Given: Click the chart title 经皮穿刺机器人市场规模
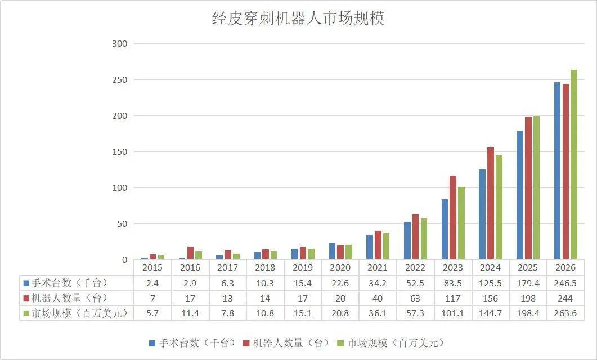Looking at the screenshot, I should click(x=298, y=19).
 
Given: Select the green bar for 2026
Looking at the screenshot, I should click(x=574, y=164).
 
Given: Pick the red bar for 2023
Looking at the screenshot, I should click(x=453, y=217).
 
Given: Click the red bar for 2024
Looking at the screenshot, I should click(x=491, y=203).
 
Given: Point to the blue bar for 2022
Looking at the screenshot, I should click(x=407, y=240).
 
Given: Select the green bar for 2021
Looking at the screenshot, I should click(x=386, y=246).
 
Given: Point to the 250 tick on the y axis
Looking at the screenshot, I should click(x=120, y=80).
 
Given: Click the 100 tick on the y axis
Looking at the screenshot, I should click(x=120, y=188).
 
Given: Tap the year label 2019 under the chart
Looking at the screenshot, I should click(x=303, y=268).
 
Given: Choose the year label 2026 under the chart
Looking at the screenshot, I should click(x=565, y=268).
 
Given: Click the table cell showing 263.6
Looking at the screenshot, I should click(x=565, y=313).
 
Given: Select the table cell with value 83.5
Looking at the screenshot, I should click(x=453, y=283).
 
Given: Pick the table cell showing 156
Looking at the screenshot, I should click(x=491, y=298).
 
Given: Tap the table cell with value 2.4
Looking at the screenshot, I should click(x=152, y=283).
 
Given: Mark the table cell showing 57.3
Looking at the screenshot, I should click(x=415, y=313).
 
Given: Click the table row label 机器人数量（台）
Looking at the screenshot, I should click(x=73, y=298).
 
